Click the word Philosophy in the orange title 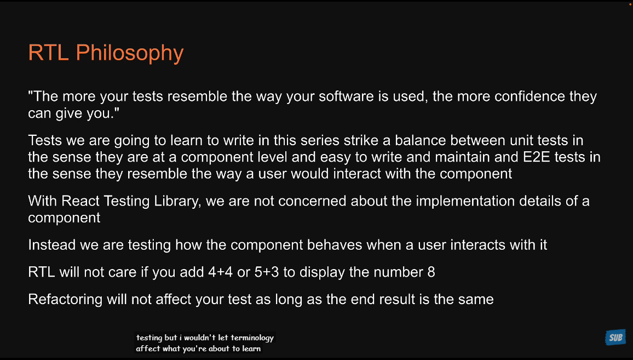(x=130, y=53)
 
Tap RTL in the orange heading (x=48, y=53)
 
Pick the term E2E (x=537, y=157)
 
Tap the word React (x=80, y=201)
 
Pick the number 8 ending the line (x=431, y=272)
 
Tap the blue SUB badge (x=615, y=338)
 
